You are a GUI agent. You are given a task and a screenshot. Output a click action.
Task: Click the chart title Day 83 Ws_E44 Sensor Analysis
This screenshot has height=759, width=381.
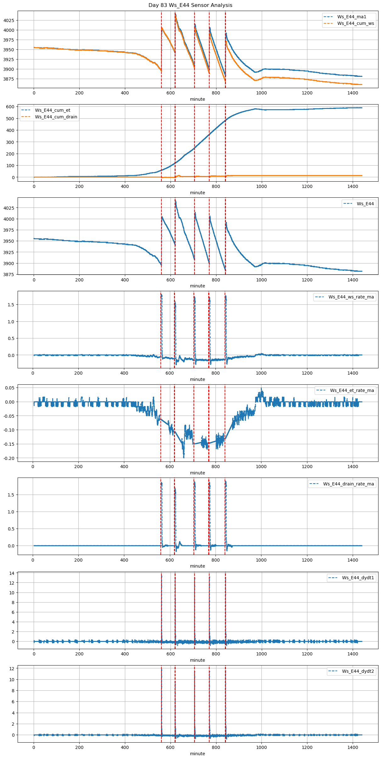tap(190, 5)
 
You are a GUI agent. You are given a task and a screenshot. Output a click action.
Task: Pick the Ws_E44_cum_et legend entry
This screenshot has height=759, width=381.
tap(53, 110)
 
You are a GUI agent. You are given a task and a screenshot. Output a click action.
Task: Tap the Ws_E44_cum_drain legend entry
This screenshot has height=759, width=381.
tap(56, 117)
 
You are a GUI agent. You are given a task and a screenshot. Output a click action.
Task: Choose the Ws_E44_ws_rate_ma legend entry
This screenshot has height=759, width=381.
tap(351, 297)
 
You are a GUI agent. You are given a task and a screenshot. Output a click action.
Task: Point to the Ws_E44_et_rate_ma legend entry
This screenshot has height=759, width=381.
tap(352, 390)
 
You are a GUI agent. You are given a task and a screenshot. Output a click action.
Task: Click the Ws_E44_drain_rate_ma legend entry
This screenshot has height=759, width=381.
tap(348, 484)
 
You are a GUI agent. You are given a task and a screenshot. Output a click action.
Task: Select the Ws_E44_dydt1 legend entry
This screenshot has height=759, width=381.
tap(358, 578)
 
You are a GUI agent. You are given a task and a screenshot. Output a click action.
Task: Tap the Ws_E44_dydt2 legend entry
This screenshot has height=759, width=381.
tap(358, 671)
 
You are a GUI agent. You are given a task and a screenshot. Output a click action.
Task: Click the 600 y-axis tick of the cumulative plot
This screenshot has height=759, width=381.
tap(10, 107)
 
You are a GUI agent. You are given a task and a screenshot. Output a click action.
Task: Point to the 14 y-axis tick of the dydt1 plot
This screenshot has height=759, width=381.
tap(12, 573)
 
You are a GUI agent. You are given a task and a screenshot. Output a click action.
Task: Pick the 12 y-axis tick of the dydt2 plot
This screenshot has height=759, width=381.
tap(12, 668)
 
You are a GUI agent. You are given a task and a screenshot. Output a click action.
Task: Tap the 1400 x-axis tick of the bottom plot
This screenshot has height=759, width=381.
tap(353, 747)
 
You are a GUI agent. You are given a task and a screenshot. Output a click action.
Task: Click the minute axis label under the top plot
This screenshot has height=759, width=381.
tap(197, 99)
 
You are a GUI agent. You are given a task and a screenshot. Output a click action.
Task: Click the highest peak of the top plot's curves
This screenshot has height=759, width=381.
tap(175, 14)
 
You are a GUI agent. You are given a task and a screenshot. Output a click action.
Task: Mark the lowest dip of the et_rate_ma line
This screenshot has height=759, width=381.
tap(184, 457)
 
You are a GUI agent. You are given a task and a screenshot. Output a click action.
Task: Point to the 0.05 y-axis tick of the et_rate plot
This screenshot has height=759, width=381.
tap(10, 388)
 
